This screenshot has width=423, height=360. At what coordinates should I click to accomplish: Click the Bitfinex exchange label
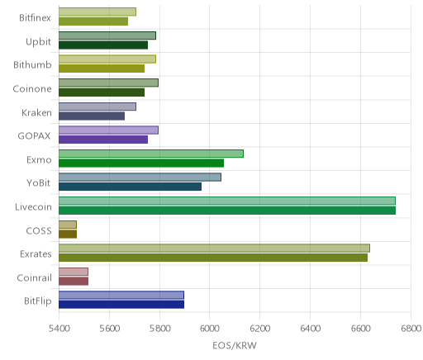pyautogui.click(x=35, y=18)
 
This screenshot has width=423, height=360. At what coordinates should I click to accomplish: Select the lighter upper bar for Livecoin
pyautogui.click(x=227, y=201)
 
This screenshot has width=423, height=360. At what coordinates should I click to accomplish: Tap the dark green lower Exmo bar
pyautogui.click(x=141, y=163)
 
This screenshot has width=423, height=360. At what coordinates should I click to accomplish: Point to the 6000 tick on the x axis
pyautogui.click(x=209, y=329)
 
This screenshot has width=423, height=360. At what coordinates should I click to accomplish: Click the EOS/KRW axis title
pyautogui.click(x=235, y=345)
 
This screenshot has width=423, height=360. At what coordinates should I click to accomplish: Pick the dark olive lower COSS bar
pyautogui.click(x=68, y=234)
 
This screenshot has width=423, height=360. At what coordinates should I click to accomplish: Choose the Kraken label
pyautogui.click(x=36, y=113)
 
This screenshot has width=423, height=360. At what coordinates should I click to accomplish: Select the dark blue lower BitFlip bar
pyautogui.click(x=121, y=305)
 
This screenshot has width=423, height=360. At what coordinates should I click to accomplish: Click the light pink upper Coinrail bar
pyautogui.click(x=74, y=272)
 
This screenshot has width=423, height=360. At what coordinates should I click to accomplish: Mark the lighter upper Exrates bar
pyautogui.click(x=214, y=248)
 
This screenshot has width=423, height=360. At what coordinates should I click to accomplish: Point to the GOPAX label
pyautogui.click(x=34, y=136)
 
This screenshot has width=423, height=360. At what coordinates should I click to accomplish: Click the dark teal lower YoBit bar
pyautogui.click(x=130, y=187)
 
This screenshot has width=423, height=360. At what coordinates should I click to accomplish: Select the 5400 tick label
pyautogui.click(x=59, y=329)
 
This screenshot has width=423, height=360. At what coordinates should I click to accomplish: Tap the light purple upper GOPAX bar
pyautogui.click(x=108, y=130)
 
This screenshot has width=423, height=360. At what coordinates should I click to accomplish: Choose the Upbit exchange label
pyautogui.click(x=38, y=41)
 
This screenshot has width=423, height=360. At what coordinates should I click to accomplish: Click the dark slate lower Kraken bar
pyautogui.click(x=92, y=116)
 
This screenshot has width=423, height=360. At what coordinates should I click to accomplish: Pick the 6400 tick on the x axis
pyautogui.click(x=310, y=329)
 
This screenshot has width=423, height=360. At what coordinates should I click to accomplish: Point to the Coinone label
pyautogui.click(x=32, y=89)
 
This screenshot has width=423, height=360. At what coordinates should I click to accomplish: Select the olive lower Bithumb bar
pyautogui.click(x=102, y=69)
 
